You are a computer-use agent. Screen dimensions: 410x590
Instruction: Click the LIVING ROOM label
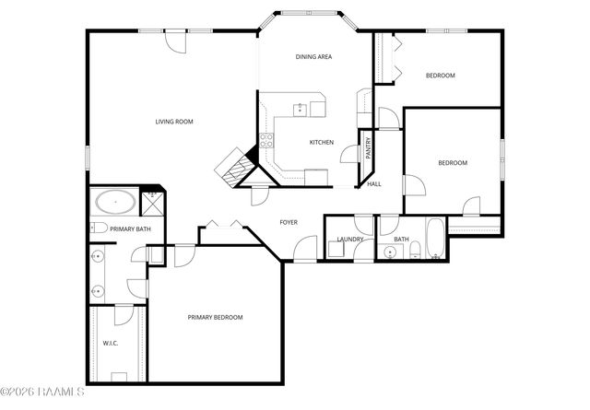tap(173, 122)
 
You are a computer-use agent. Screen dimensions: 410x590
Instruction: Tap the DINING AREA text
tap(313, 57)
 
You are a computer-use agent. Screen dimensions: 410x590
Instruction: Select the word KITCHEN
tap(321, 142)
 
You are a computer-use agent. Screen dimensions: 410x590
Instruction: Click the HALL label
tap(374, 184)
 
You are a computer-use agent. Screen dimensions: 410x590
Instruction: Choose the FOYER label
tap(289, 222)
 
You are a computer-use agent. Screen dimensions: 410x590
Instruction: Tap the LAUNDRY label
tap(350, 240)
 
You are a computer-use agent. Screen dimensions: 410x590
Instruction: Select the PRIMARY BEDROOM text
tap(215, 317)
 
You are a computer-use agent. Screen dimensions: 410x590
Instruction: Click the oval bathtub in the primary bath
tap(114, 201)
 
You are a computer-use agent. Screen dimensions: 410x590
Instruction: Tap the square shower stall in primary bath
tap(153, 200)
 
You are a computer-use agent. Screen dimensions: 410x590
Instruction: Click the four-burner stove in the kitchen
tap(266, 141)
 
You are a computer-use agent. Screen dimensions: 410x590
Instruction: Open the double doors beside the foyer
tap(224, 224)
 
